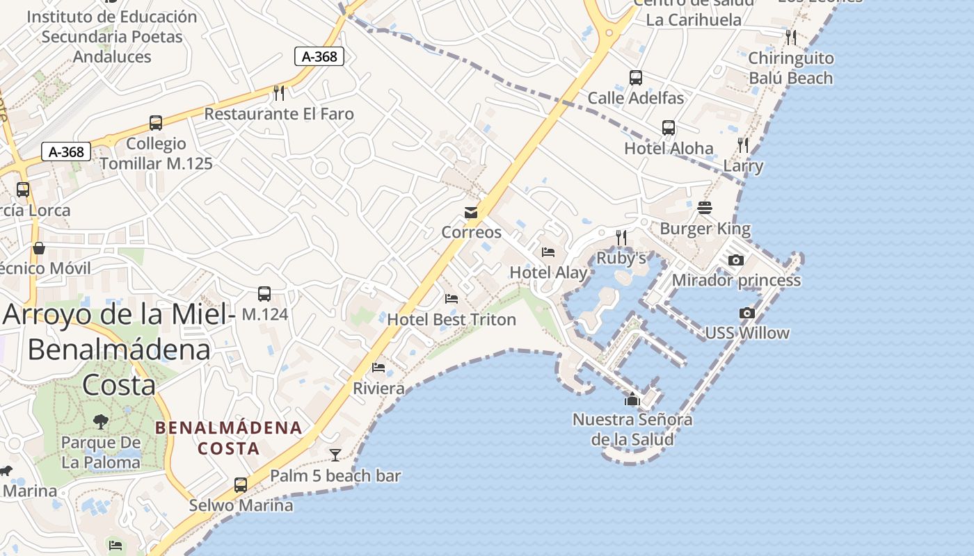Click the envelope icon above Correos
pos(471,212)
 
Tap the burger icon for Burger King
pos(705,208)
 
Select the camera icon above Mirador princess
pos(735,261)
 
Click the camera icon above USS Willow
pos(747,313)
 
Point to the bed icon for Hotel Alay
pos(548,252)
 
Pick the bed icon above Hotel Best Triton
pos(452,300)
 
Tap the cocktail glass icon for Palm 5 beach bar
pos(335,455)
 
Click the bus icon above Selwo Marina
pos(241,485)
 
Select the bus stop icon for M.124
pos(264,294)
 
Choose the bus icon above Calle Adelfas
pos(635,78)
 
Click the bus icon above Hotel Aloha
pos(669,128)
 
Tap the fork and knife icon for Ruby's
pos(621,238)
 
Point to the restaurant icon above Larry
pos(743,145)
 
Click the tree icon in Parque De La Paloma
pos(101,421)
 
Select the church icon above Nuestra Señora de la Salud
pos(632,399)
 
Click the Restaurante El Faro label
pos(279,114)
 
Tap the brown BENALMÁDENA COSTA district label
pos(229,438)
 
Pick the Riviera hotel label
pos(378,389)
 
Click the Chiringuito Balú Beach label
pos(790,68)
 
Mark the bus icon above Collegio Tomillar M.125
pos(156,123)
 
